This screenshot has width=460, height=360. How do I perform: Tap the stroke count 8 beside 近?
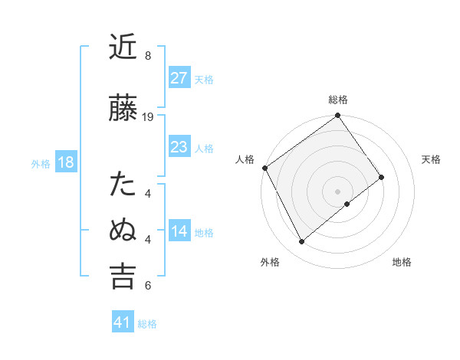pyautogui.click(x=148, y=56)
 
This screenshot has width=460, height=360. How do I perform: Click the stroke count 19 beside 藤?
pyautogui.click(x=149, y=117)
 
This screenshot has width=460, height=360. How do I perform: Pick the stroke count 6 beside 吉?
pyautogui.click(x=148, y=286)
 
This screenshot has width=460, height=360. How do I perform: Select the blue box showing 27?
pyautogui.click(x=179, y=77)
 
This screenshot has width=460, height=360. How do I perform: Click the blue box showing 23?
pyautogui.click(x=179, y=146)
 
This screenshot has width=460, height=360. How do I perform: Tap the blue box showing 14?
pyautogui.click(x=179, y=231)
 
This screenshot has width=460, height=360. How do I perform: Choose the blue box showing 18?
pyautogui.click(x=64, y=162)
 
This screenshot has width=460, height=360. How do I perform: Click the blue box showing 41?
pyautogui.click(x=122, y=322)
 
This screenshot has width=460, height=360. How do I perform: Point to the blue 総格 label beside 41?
pyautogui.click(x=147, y=324)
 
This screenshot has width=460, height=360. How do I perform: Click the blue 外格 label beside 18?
pyautogui.click(x=41, y=163)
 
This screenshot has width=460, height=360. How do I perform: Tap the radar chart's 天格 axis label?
pyautogui.click(x=432, y=159)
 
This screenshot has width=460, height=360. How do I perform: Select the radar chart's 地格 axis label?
pyautogui.click(x=402, y=262)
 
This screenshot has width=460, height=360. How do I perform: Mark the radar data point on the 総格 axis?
pyautogui.click(x=338, y=116)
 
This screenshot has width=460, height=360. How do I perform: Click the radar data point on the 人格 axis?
pyautogui.click(x=264, y=168)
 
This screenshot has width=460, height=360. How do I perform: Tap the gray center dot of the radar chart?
pyautogui.click(x=338, y=190)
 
